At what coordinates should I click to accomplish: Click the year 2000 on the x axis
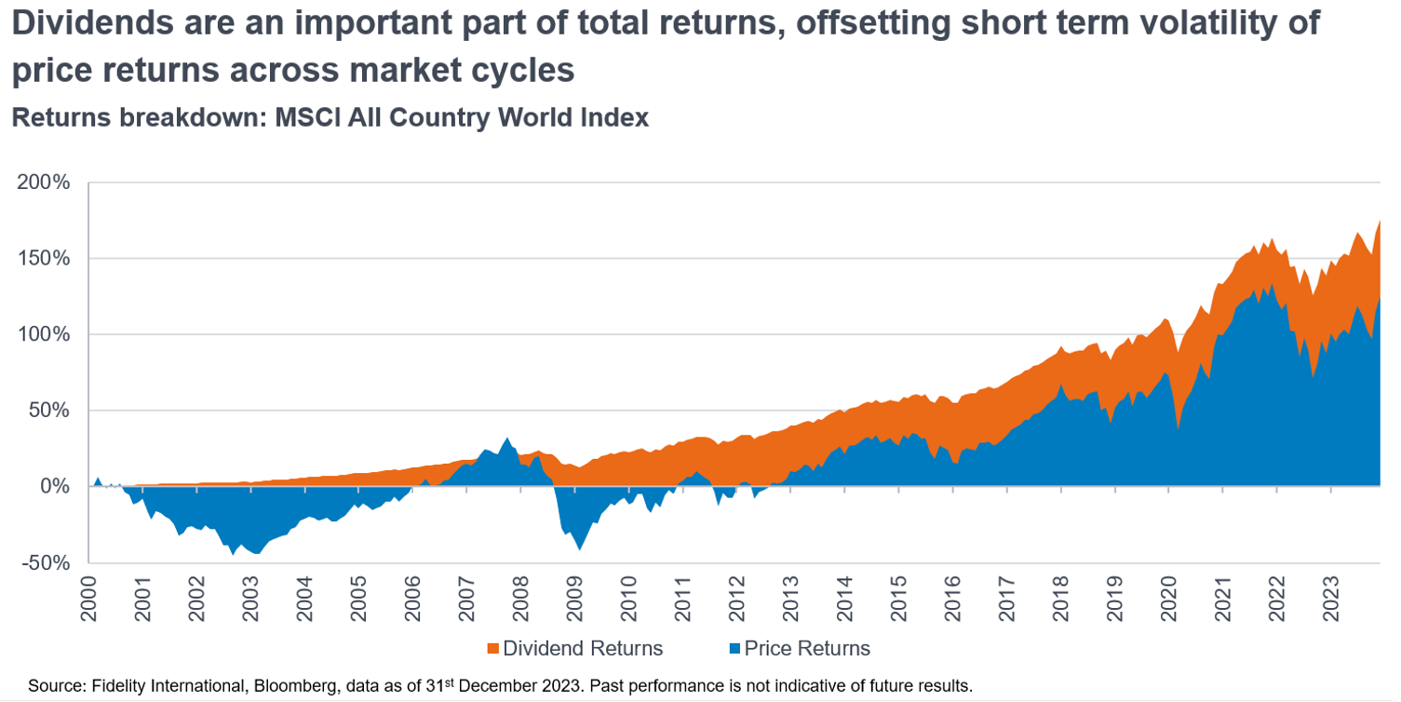(89, 596)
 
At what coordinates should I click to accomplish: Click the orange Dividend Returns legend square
(493, 649)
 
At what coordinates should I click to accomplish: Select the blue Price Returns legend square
(734, 649)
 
